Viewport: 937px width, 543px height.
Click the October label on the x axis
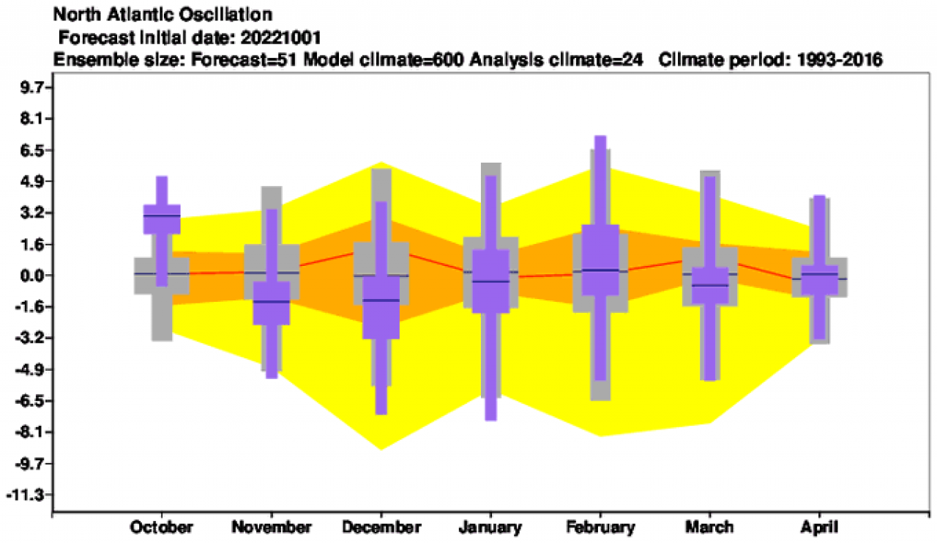coord(162,528)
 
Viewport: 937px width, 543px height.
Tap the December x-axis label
coord(381,528)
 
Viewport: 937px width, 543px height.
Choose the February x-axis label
coord(600,528)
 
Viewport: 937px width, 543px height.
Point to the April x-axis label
coord(819,528)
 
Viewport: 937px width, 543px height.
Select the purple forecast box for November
coord(272,302)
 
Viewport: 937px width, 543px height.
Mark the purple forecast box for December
coord(381,308)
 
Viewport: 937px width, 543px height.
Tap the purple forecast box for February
coord(600,260)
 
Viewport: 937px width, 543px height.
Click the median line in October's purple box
coord(162,215)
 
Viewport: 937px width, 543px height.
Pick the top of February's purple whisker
coord(600,136)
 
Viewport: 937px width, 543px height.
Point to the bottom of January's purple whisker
coord(490,419)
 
